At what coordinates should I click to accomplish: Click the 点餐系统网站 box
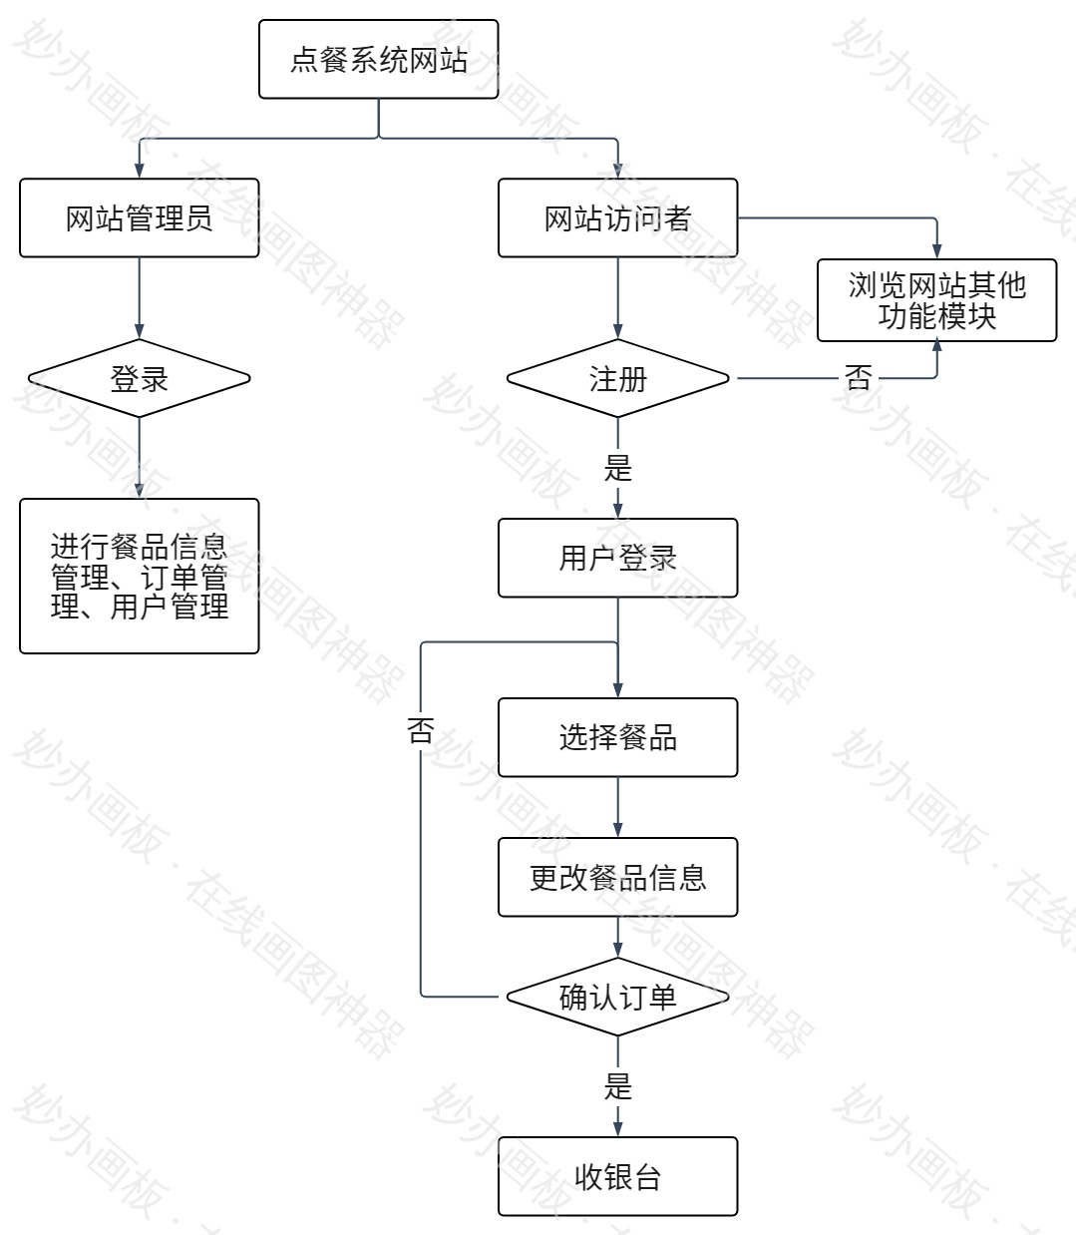(x=378, y=60)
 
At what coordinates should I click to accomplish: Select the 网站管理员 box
(x=139, y=217)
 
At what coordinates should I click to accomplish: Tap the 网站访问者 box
(x=617, y=217)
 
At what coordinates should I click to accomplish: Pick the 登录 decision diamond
(x=139, y=378)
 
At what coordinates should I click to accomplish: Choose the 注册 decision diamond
(x=617, y=378)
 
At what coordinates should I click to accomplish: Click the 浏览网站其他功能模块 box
(x=936, y=300)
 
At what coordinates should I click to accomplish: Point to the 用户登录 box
(x=617, y=558)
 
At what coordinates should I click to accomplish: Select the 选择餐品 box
(x=617, y=737)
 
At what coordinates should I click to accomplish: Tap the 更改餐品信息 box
(x=617, y=877)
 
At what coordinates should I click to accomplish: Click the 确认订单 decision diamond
(x=617, y=997)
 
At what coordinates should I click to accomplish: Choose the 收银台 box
(x=617, y=1176)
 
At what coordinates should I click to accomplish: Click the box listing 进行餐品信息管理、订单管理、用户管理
(x=139, y=576)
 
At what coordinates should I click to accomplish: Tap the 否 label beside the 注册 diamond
(x=858, y=378)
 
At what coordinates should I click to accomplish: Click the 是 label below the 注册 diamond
(x=618, y=468)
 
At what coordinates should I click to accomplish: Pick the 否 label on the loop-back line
(x=421, y=730)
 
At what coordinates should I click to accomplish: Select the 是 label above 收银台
(x=618, y=1086)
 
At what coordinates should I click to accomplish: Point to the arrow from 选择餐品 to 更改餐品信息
(x=617, y=807)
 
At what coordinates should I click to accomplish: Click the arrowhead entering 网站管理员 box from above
(x=139, y=171)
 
